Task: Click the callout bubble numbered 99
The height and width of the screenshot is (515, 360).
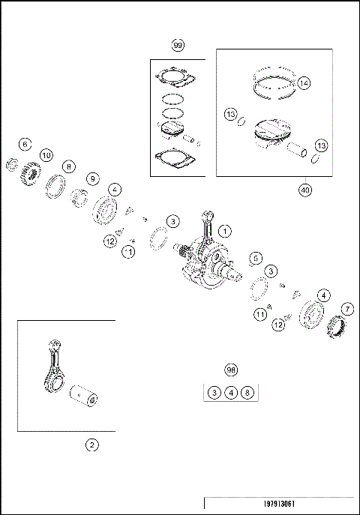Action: [x=178, y=45]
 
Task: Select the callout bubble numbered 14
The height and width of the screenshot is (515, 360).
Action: [x=304, y=83]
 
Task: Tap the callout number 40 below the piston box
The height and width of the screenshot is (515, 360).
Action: [x=305, y=190]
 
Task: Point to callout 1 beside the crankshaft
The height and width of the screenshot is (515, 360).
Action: [x=225, y=231]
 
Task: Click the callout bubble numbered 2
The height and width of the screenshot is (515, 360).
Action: [x=92, y=445]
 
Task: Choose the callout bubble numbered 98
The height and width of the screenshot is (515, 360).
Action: [x=231, y=370]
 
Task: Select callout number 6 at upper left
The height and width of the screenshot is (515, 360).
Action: [x=25, y=144]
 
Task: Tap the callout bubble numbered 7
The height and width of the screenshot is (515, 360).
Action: [x=348, y=309]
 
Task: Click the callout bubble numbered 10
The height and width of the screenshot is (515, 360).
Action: [x=46, y=155]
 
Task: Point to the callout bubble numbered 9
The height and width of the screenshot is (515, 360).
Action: [x=93, y=178]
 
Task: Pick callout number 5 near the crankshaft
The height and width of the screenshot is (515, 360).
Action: [x=256, y=258]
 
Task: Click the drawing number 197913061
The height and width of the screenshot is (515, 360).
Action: [x=279, y=504]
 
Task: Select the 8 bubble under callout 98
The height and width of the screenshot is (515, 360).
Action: [x=247, y=393]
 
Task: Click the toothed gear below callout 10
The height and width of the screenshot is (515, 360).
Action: [x=31, y=172]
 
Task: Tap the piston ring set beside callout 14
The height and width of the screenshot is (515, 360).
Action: [x=274, y=83]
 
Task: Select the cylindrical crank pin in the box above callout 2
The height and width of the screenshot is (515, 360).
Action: [x=84, y=395]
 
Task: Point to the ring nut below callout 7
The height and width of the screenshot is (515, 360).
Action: [x=336, y=327]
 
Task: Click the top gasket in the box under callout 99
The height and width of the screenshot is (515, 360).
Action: [x=176, y=77]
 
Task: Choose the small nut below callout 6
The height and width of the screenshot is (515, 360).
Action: [x=12, y=165]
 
